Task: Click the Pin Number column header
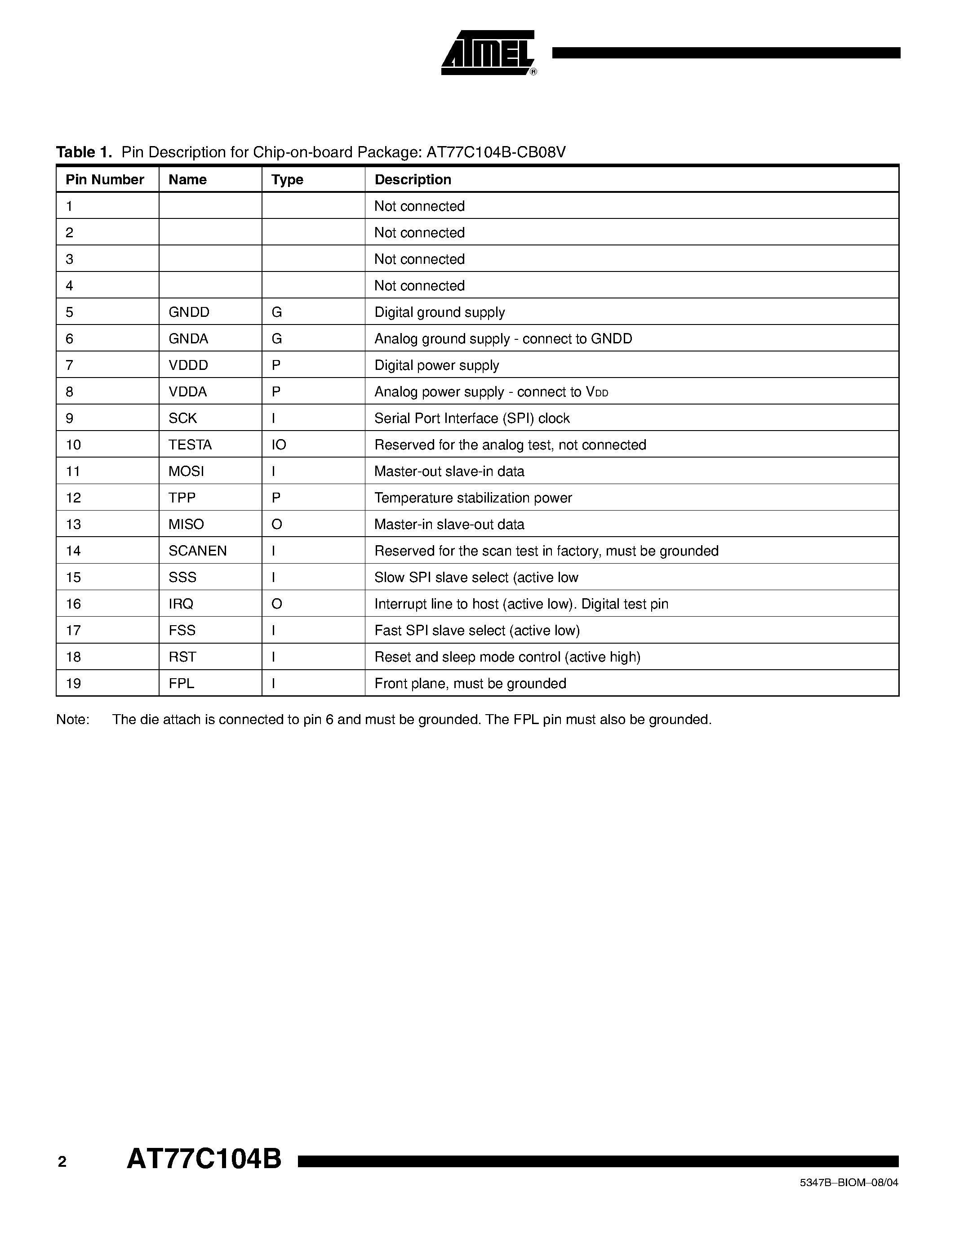click(x=105, y=179)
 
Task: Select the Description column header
click(x=413, y=179)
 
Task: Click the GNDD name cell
click(x=189, y=312)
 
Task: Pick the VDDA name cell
click(x=187, y=391)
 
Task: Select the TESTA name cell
click(x=190, y=445)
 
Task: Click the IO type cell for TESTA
click(x=279, y=445)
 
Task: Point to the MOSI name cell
click(x=186, y=471)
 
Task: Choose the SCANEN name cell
click(x=197, y=551)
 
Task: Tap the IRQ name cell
click(x=181, y=604)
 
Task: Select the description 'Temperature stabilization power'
click(x=473, y=498)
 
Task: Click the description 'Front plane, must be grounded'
click(x=470, y=684)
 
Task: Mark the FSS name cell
click(x=182, y=631)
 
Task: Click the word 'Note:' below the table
click(x=72, y=720)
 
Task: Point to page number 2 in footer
click(x=62, y=1162)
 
